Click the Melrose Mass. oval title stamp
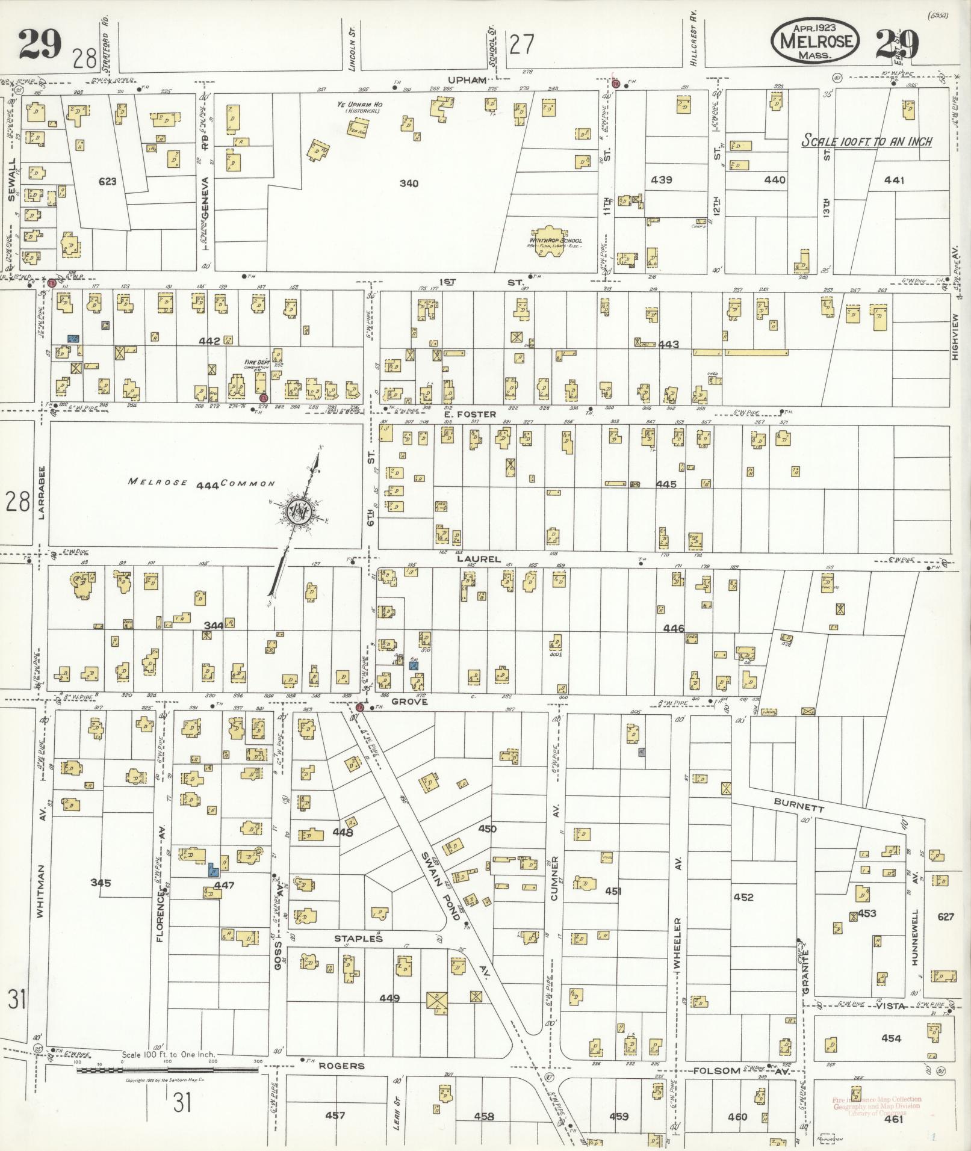click(816, 40)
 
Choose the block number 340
click(409, 183)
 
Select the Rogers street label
click(341, 1066)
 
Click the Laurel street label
click(479, 559)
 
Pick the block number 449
click(389, 999)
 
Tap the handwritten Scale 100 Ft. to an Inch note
click(867, 142)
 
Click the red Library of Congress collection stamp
click(876, 1106)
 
